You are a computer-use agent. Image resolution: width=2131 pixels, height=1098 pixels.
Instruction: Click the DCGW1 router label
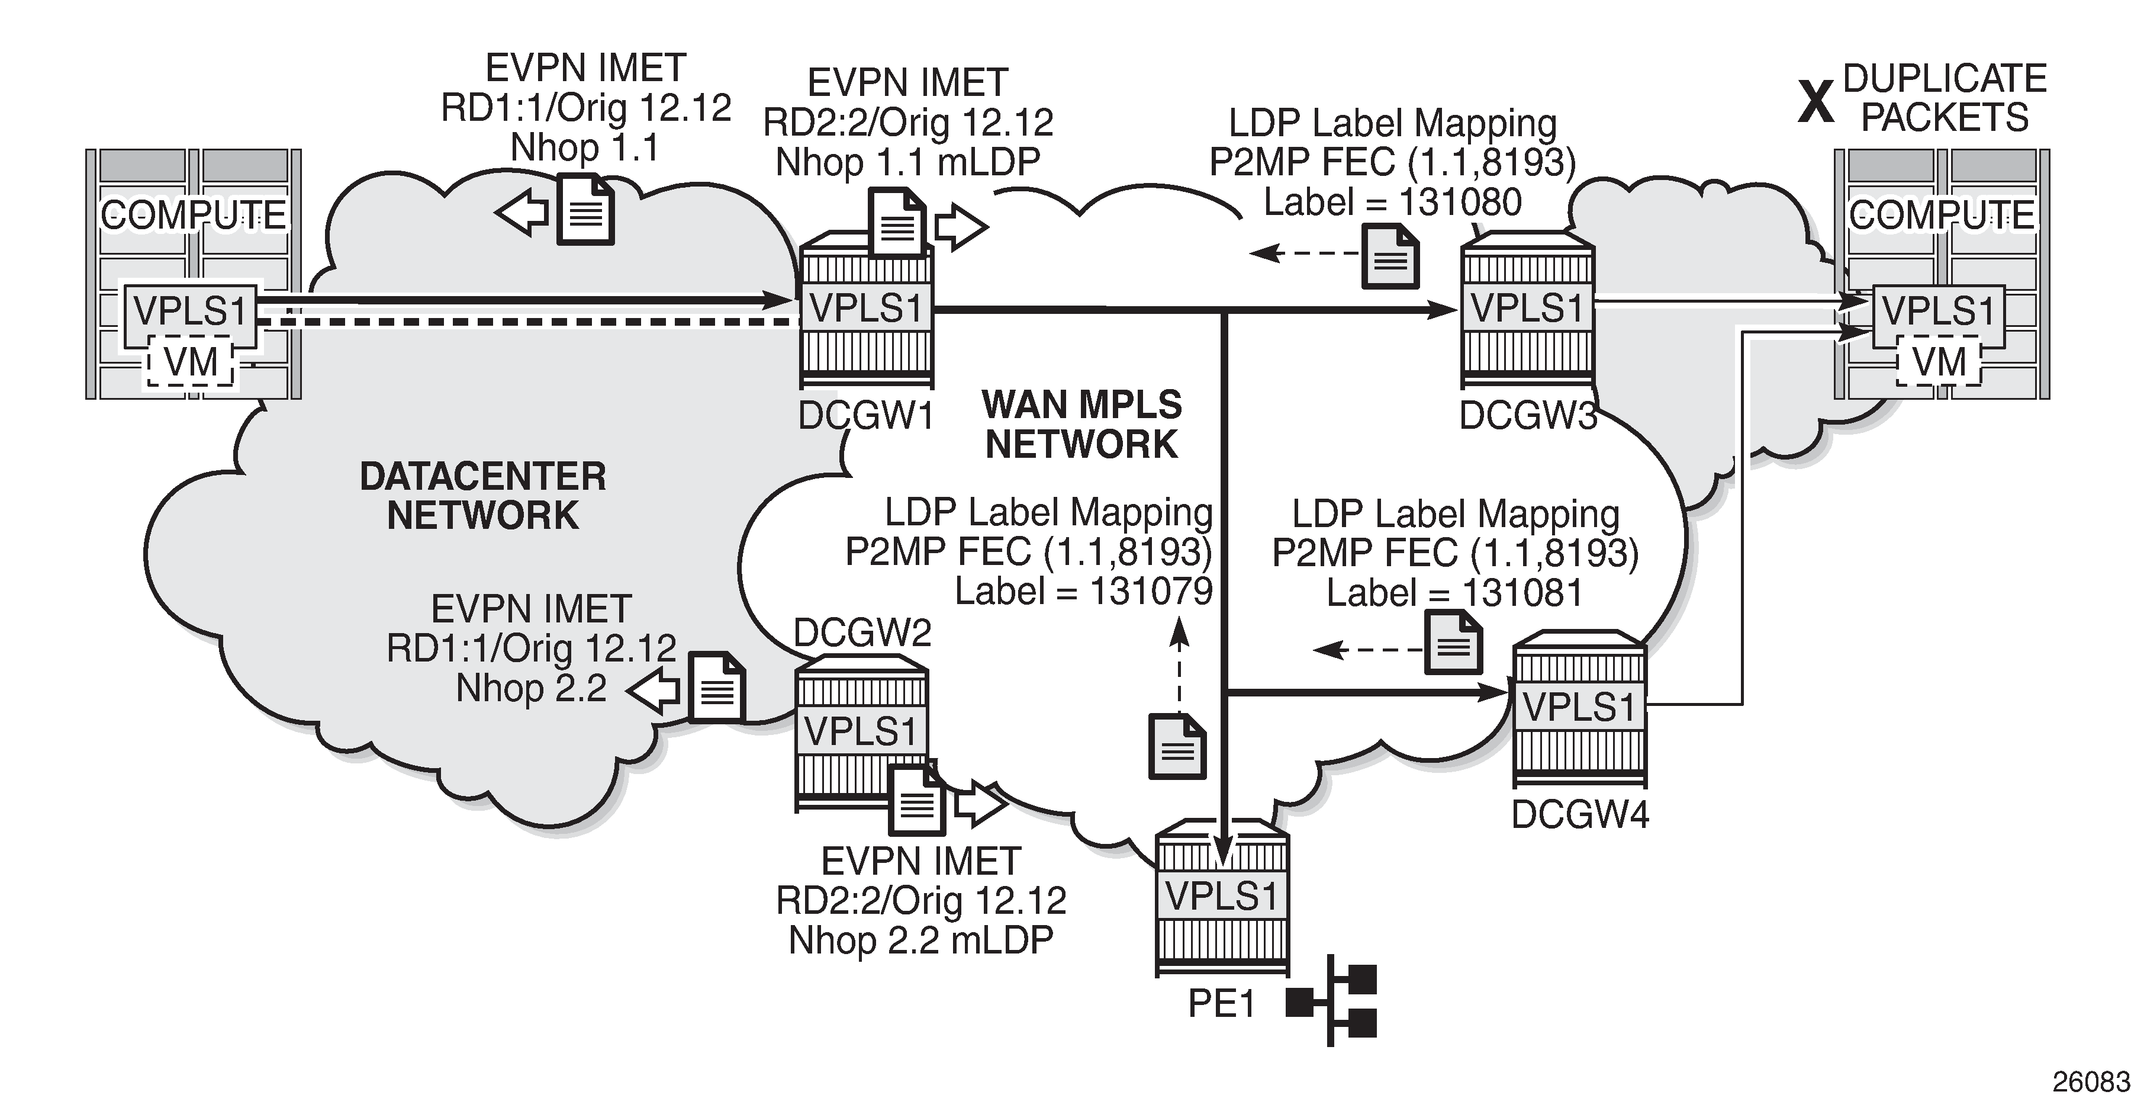tap(865, 415)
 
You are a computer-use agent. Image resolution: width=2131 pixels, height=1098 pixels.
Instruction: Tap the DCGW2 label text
tap(862, 634)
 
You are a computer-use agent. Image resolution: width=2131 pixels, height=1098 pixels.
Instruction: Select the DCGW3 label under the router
tap(1527, 415)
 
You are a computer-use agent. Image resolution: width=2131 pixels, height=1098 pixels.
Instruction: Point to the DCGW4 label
tap(1580, 815)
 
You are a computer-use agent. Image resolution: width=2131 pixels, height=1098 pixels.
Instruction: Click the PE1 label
tap(1221, 1004)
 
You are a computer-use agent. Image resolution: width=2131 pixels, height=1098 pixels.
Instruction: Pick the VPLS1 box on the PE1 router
tap(1222, 896)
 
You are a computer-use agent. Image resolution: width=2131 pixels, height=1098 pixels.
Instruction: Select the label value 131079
tap(1151, 592)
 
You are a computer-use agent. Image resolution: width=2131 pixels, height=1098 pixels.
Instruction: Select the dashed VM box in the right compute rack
tap(1939, 362)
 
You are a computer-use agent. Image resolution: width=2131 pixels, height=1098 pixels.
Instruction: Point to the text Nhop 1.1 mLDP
tap(907, 162)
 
